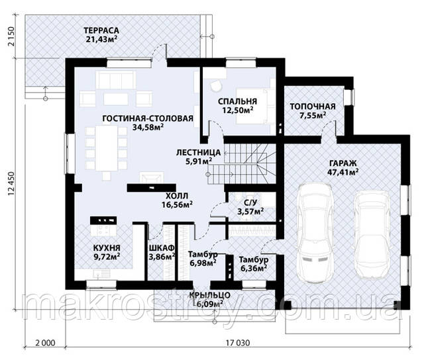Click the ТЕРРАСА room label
(101, 30)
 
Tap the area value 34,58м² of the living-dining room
(148, 127)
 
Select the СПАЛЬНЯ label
(237, 101)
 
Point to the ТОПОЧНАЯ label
(313, 107)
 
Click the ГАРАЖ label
(343, 163)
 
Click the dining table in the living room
(107, 148)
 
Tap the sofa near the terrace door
(116, 79)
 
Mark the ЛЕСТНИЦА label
(199, 153)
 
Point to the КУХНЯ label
(107, 248)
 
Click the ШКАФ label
(162, 248)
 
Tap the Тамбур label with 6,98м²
(203, 254)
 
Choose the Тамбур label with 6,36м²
(254, 260)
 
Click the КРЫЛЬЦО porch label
(209, 295)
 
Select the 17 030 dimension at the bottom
(238, 343)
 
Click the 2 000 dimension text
(45, 343)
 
